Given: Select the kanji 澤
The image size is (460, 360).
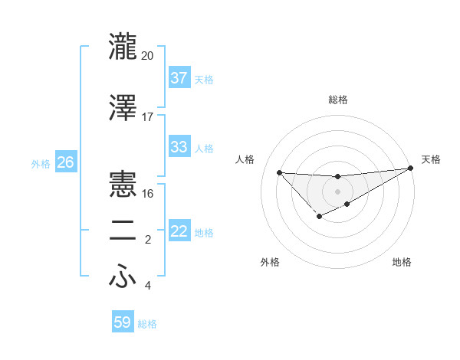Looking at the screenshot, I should [123, 108].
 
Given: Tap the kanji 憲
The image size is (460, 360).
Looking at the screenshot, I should [123, 185].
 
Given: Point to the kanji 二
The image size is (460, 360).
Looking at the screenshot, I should [123, 232].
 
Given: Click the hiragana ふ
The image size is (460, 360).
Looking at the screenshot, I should [123, 277].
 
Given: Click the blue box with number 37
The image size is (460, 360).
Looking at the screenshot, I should [179, 78].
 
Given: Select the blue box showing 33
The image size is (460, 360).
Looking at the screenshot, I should [179, 147].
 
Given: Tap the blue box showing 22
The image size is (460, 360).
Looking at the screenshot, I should [179, 231].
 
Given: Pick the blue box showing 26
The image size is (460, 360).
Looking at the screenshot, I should [65, 162].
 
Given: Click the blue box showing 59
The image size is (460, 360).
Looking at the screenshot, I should [123, 322].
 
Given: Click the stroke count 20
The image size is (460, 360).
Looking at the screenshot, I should [148, 55].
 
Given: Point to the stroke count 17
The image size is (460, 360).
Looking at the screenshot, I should [148, 117].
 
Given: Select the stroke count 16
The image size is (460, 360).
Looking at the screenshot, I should [148, 194].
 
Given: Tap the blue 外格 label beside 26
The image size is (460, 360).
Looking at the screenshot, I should [40, 163].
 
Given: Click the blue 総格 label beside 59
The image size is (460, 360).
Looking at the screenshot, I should [147, 324].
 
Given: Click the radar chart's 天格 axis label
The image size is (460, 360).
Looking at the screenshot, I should [431, 159].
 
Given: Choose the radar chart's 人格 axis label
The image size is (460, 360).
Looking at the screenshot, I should [245, 159].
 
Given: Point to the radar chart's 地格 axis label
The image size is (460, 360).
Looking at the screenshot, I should [402, 263].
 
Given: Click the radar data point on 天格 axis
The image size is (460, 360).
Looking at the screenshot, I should [411, 168].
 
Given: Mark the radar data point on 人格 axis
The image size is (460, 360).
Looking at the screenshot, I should [279, 172].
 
